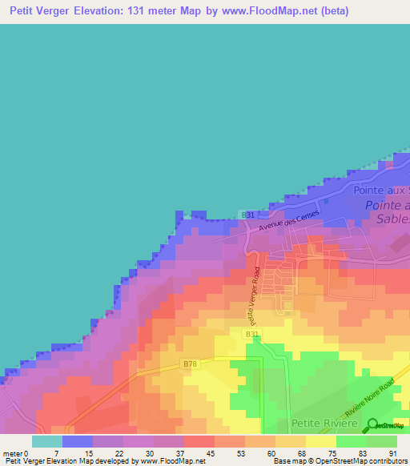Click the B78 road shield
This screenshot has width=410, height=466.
pyautogui.click(x=189, y=364)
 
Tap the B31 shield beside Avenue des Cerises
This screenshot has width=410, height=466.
pyautogui.click(x=248, y=215)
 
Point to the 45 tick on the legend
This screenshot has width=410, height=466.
pyautogui.click(x=211, y=453)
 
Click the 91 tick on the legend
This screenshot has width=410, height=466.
pyautogui.click(x=392, y=453)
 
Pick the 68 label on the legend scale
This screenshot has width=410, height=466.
pyautogui.click(x=301, y=453)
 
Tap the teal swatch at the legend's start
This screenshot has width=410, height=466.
pyautogui.click(x=46, y=441)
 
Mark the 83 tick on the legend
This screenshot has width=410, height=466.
pyautogui.click(x=361, y=453)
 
